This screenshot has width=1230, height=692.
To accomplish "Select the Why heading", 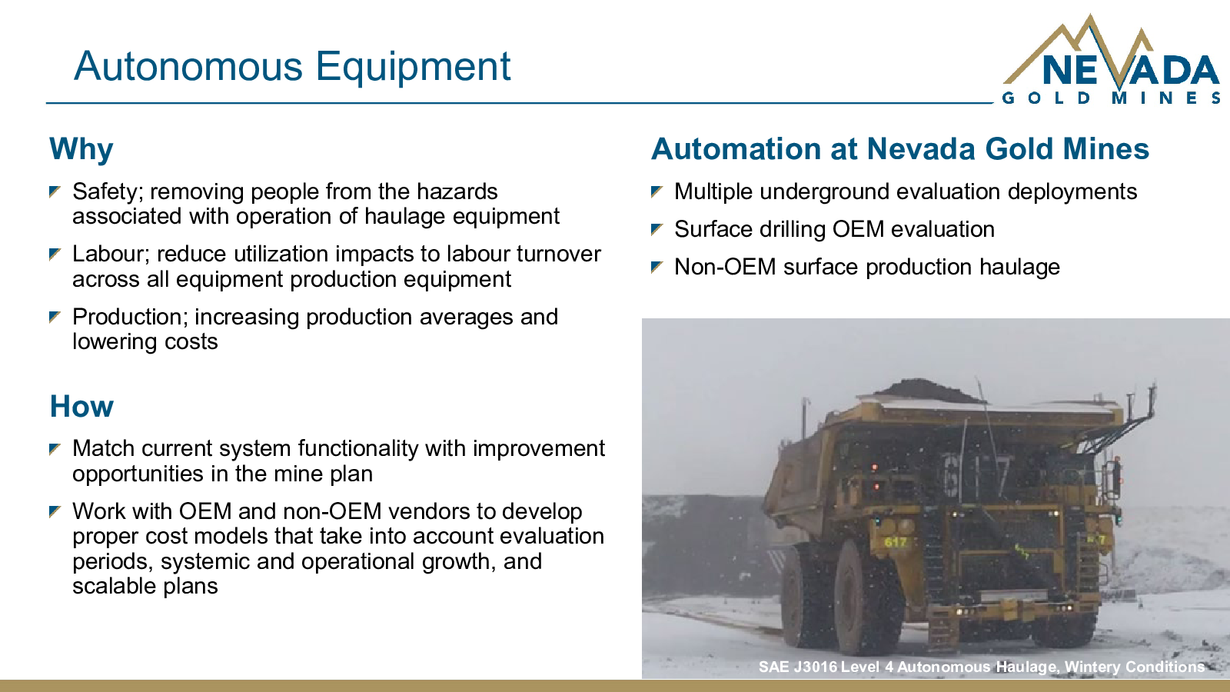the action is [x=81, y=150].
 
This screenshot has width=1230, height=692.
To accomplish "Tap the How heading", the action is [x=81, y=407].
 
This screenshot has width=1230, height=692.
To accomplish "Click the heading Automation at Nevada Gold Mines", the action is [x=900, y=149].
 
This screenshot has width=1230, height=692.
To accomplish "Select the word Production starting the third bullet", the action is [x=131, y=317].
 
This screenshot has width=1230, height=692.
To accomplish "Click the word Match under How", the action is [x=103, y=449].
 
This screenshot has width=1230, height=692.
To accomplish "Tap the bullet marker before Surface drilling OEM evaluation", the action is [x=657, y=229].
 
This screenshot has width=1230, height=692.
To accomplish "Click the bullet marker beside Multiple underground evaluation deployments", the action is [x=657, y=191].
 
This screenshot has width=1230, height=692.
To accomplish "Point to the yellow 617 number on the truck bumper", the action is [x=895, y=542].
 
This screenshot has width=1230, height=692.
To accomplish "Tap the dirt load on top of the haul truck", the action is [x=927, y=391].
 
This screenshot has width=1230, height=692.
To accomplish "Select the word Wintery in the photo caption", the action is [x=1092, y=667].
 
